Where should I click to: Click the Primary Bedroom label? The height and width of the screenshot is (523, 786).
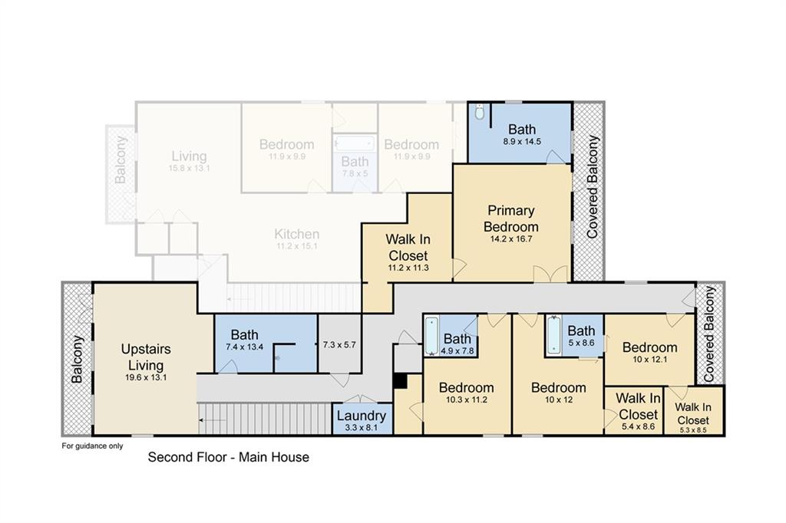(x=510, y=219)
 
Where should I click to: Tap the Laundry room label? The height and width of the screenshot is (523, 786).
(x=361, y=416)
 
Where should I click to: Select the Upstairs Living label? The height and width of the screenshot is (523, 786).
(x=146, y=357)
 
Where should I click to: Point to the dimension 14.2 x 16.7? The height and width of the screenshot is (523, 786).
(x=510, y=239)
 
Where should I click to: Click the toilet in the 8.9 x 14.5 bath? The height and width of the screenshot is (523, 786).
(x=479, y=112)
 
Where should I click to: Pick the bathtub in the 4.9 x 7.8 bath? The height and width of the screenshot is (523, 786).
(x=431, y=336)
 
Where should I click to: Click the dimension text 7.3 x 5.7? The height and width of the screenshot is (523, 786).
(x=339, y=344)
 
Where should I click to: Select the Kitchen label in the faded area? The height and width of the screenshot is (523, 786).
(x=297, y=234)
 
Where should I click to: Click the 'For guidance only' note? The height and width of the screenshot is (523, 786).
(x=92, y=446)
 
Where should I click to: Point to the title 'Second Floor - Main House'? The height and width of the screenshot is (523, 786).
(x=229, y=457)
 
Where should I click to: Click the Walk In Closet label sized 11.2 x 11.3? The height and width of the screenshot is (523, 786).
(x=408, y=248)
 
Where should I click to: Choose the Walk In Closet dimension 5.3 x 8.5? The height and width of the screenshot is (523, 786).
(x=693, y=429)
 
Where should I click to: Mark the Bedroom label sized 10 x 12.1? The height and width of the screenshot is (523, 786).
(x=649, y=347)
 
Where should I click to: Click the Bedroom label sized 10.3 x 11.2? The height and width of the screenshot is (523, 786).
(x=466, y=387)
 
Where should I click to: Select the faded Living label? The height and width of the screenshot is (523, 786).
(x=189, y=156)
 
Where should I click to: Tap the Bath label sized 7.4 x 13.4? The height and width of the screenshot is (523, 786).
(x=245, y=334)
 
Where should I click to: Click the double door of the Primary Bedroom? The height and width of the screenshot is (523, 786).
(x=550, y=274)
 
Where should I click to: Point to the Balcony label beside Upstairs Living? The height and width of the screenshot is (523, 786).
(x=77, y=359)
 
